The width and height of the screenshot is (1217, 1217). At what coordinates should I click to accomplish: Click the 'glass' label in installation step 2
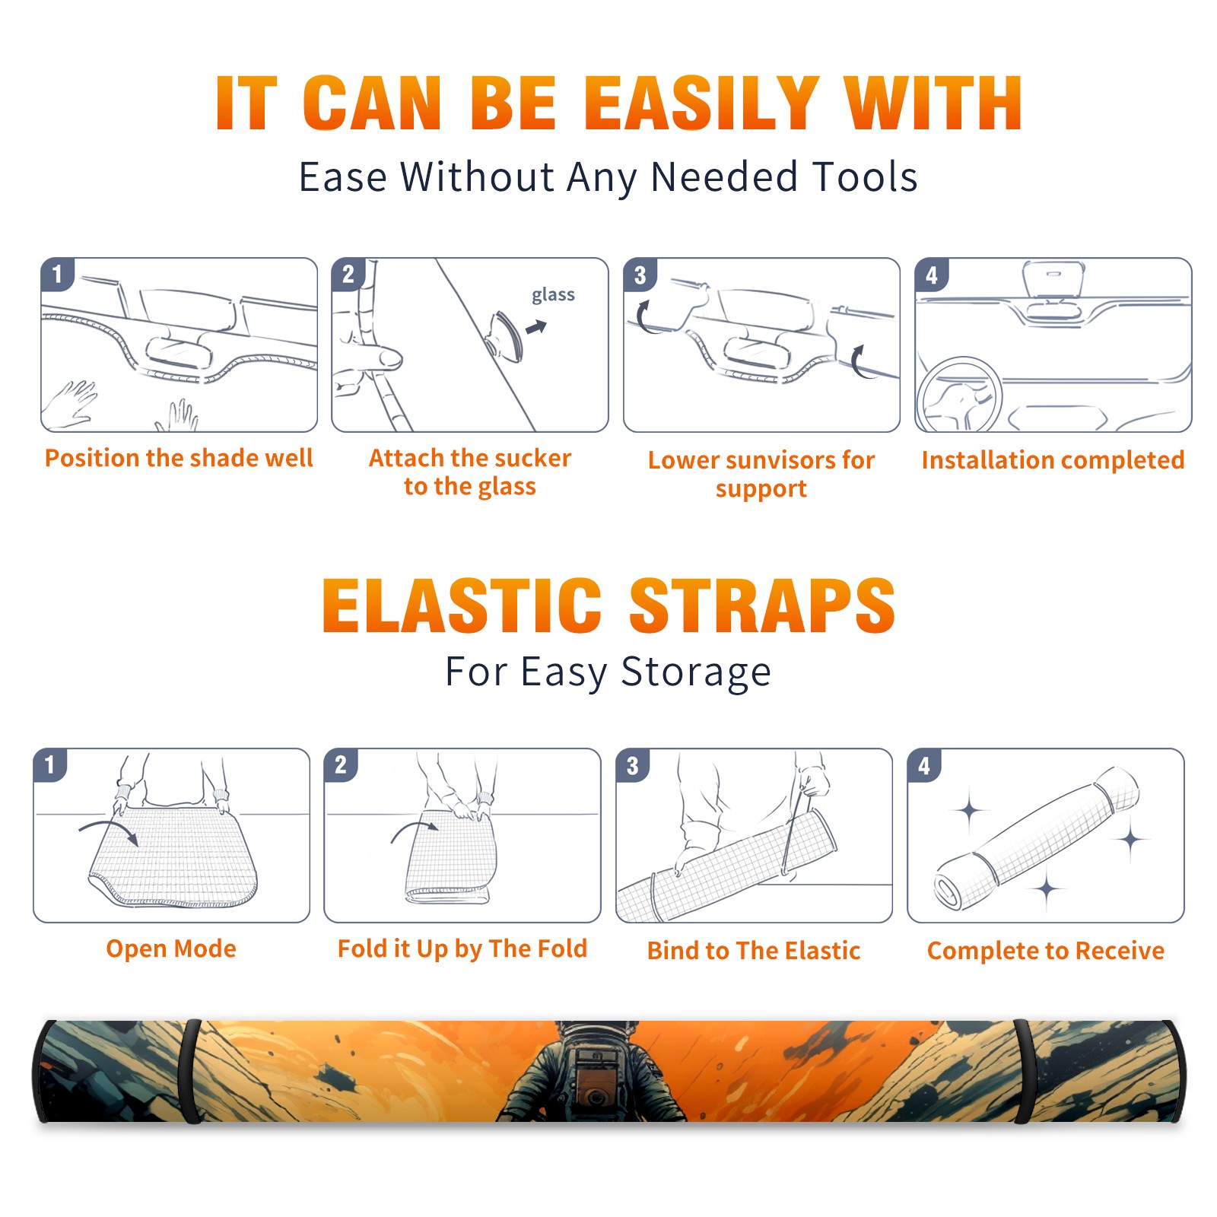click(553, 294)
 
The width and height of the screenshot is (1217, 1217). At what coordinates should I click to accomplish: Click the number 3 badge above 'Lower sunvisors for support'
click(640, 275)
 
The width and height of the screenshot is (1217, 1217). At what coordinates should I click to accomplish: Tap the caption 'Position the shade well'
click(179, 458)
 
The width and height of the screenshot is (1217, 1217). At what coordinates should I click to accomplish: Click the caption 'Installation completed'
click(1053, 460)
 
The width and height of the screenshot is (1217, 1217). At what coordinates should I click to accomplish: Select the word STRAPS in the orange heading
click(762, 605)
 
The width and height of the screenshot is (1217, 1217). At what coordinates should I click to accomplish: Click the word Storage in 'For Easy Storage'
click(696, 672)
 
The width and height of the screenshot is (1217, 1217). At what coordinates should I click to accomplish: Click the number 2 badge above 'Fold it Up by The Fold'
click(341, 765)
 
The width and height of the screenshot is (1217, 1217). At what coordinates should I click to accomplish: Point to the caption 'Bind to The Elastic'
click(754, 951)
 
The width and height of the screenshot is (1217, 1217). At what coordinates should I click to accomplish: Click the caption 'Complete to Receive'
click(1046, 951)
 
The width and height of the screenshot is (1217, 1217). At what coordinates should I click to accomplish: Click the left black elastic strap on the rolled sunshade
click(191, 1072)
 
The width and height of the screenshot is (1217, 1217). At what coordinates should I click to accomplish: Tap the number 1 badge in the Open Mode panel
click(50, 765)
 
